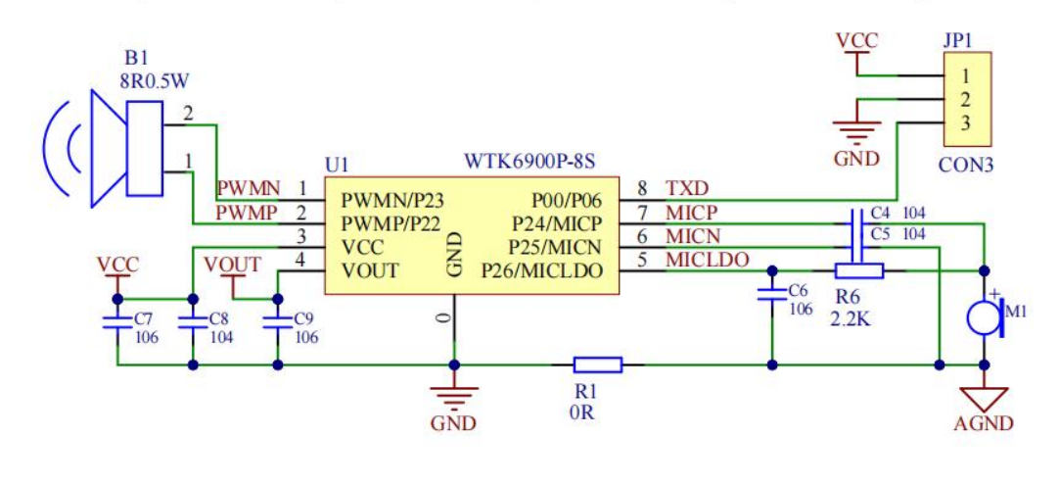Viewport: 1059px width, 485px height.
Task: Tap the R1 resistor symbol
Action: coord(597,365)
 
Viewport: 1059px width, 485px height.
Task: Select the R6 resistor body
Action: coord(858,271)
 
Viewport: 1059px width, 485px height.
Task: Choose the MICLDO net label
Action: coord(707,260)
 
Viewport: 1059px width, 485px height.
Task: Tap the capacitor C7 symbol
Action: coord(117,320)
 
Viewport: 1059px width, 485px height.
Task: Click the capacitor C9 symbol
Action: coord(278,320)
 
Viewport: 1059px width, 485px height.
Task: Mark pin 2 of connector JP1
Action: coord(965,99)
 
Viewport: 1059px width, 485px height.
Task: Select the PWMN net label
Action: coord(249,187)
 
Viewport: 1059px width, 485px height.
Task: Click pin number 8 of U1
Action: coord(642,187)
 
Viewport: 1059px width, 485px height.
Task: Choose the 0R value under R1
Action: coord(581,412)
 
